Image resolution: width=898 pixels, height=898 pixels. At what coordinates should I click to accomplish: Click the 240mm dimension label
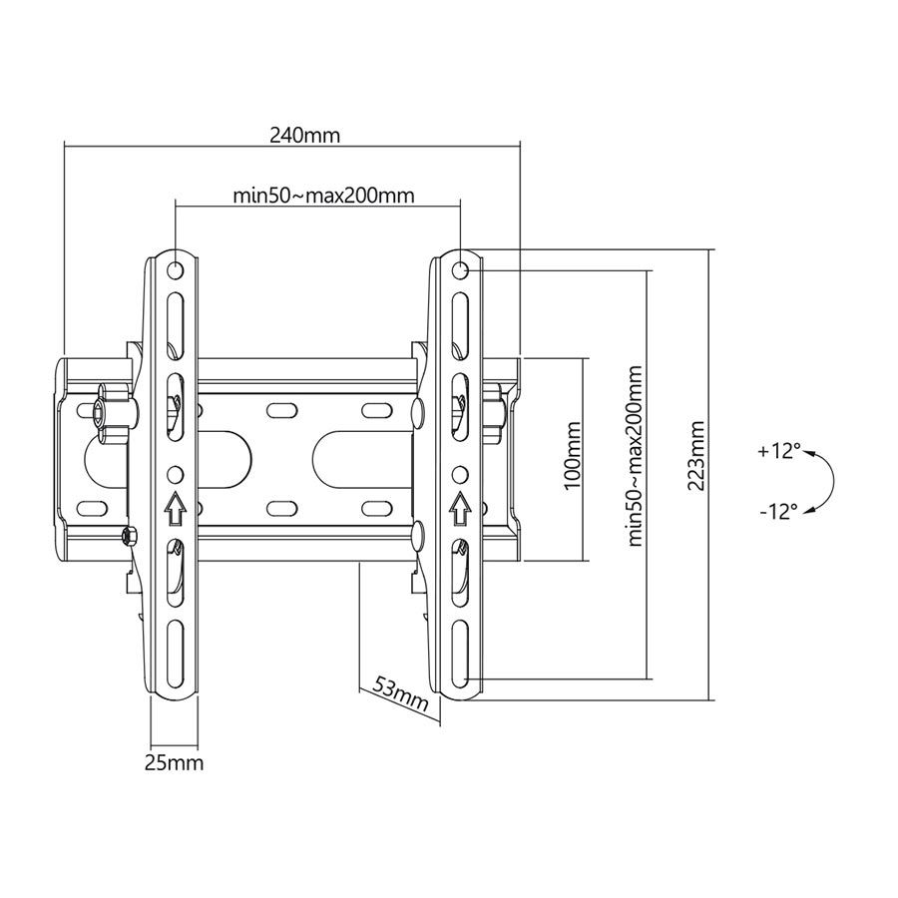click(x=304, y=135)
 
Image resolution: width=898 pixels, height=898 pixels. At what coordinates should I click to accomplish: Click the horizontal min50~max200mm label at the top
click(x=323, y=195)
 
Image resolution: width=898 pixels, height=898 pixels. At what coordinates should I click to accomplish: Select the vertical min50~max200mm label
click(x=635, y=456)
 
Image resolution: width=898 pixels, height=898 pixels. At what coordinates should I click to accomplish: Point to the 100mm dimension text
click(x=572, y=457)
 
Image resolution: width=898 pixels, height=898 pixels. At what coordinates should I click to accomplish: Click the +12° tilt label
click(x=778, y=451)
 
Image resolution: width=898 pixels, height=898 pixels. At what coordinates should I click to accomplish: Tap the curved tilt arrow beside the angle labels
click(x=824, y=481)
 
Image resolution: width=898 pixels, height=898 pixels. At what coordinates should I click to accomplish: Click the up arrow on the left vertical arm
click(x=175, y=509)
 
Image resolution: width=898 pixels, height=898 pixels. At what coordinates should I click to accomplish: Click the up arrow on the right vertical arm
click(x=460, y=509)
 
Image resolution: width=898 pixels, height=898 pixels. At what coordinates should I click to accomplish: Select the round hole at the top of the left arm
click(x=176, y=269)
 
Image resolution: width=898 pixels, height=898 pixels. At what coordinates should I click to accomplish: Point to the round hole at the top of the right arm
click(x=460, y=269)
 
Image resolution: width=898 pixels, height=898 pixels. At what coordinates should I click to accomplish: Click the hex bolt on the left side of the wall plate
click(x=101, y=412)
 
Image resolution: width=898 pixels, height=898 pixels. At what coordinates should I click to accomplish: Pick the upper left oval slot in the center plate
click(x=280, y=410)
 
